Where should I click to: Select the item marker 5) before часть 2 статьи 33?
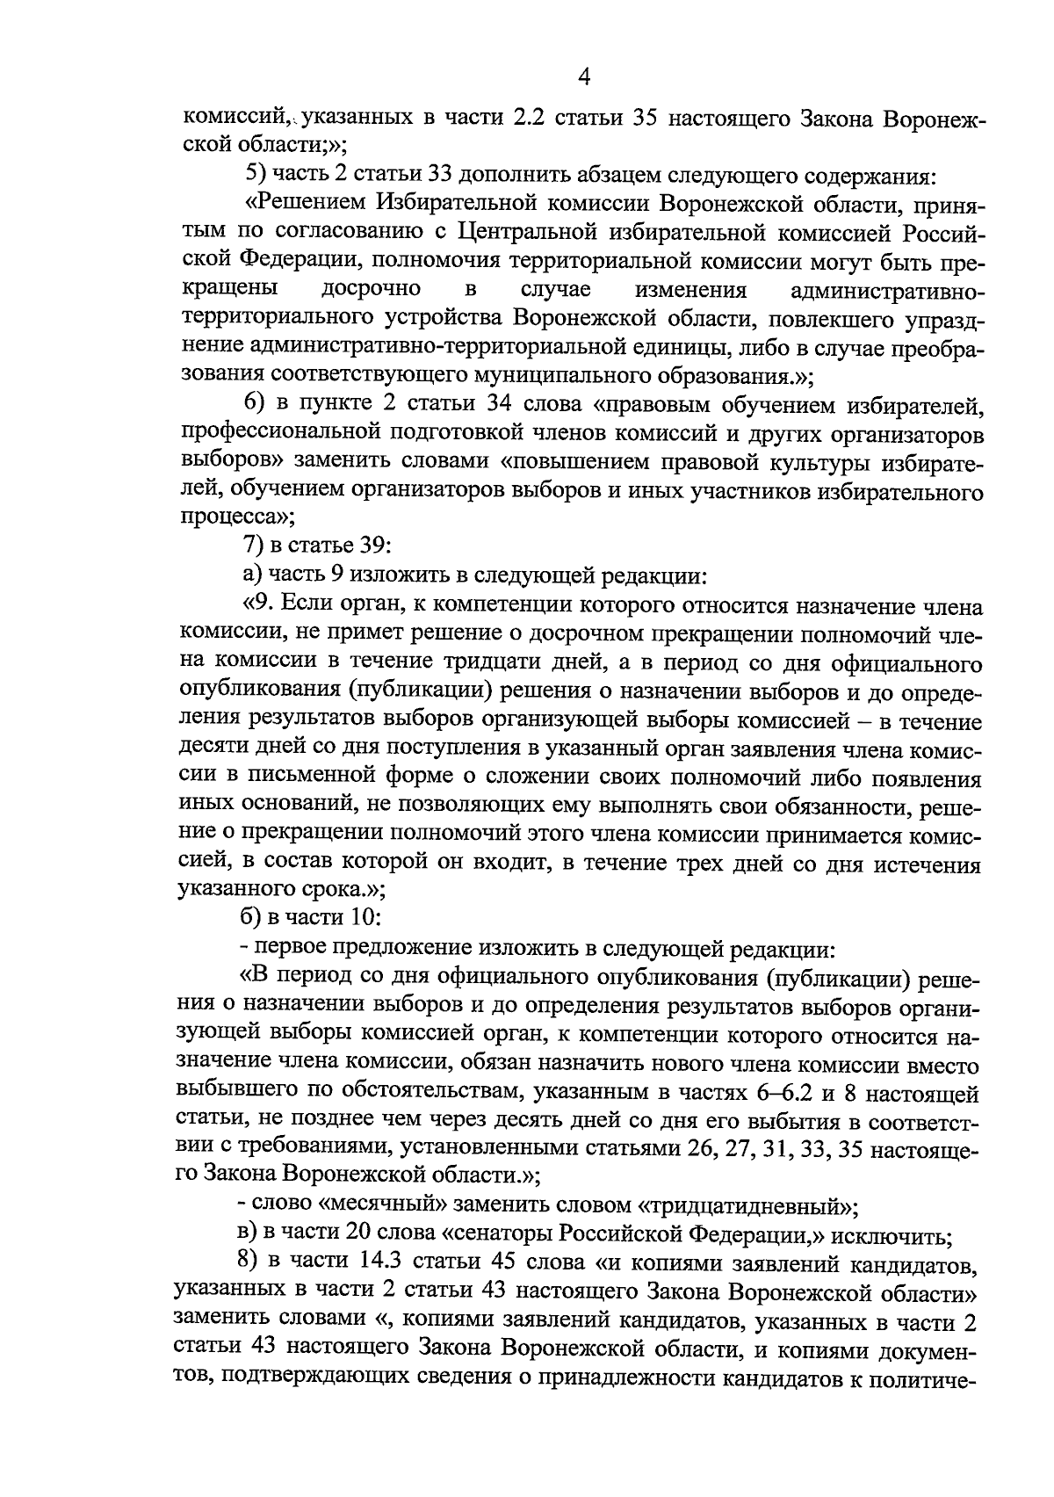[256, 175]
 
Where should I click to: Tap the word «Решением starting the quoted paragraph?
[305, 205]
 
